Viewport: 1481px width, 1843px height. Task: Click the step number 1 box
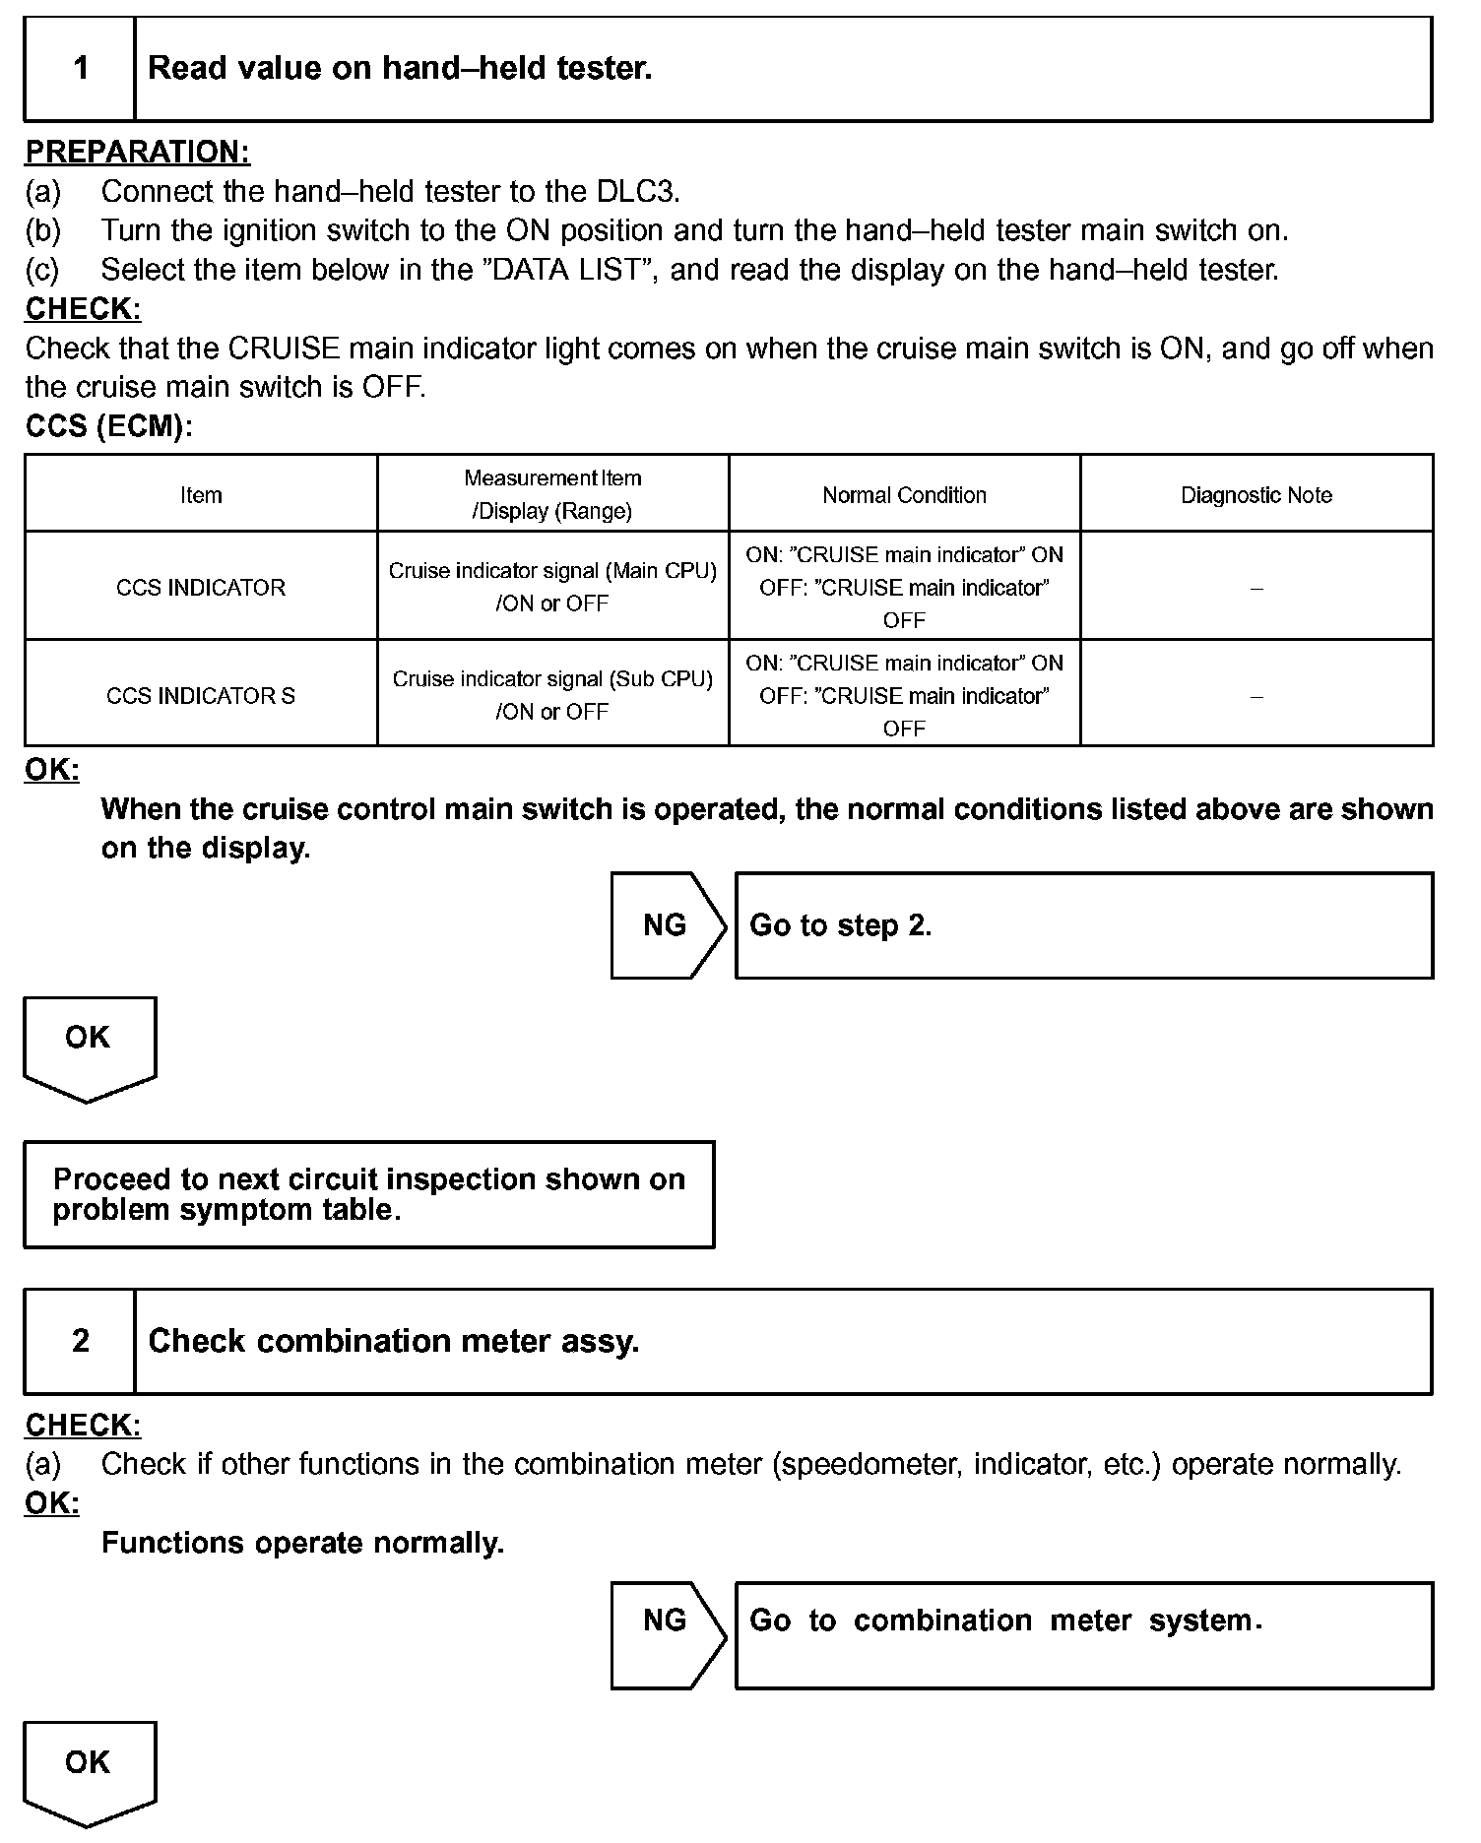point(80,69)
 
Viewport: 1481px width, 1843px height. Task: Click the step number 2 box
point(80,1341)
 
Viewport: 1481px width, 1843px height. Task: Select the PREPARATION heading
point(138,152)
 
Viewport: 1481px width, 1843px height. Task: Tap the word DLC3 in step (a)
point(638,191)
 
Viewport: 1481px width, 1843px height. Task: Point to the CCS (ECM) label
point(109,427)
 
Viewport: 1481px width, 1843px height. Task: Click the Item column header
point(201,495)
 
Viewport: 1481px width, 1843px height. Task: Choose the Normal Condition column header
point(904,495)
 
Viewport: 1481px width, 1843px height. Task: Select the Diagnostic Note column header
point(1256,495)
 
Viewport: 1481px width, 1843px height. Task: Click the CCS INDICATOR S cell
point(201,695)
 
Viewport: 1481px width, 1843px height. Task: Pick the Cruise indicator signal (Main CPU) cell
point(552,587)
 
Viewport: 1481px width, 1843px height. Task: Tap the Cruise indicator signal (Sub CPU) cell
point(552,695)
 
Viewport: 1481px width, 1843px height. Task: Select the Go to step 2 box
point(1083,925)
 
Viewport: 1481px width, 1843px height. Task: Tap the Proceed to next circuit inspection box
point(368,1194)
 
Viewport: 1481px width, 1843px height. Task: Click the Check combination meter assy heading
point(394,1341)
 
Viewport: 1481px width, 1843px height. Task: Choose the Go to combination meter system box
point(1083,1635)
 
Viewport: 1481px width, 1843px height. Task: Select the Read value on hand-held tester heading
point(400,69)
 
